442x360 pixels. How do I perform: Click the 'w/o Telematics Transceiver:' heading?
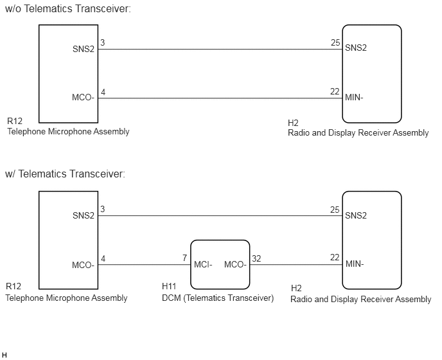pos(68,9)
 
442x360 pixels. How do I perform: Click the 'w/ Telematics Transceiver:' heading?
pos(65,174)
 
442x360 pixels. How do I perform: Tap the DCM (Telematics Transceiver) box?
pos(220,240)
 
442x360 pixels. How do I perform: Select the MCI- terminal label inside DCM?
pos(203,265)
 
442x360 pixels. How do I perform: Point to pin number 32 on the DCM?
pos(256,258)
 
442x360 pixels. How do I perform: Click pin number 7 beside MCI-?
pos(184,258)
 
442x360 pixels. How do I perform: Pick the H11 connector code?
pos(169,286)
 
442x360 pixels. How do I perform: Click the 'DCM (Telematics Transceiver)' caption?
pos(218,298)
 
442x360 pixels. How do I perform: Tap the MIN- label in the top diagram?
pos(355,98)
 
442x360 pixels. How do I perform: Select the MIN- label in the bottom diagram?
pos(355,264)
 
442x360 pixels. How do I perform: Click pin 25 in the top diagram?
pos(335,42)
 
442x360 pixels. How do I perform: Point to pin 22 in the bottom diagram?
pos(335,257)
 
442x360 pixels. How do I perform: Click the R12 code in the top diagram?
pos(15,121)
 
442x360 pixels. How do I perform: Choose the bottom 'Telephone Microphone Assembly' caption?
pos(67,298)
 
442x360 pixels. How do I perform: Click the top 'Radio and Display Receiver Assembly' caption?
pos(358,133)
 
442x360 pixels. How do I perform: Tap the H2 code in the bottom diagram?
pos(296,288)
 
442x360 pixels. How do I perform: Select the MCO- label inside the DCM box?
pos(235,265)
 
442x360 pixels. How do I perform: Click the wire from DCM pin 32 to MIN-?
pos(296,265)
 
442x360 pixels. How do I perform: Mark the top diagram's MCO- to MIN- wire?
pos(220,98)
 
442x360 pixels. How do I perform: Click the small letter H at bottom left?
pos(4,355)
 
